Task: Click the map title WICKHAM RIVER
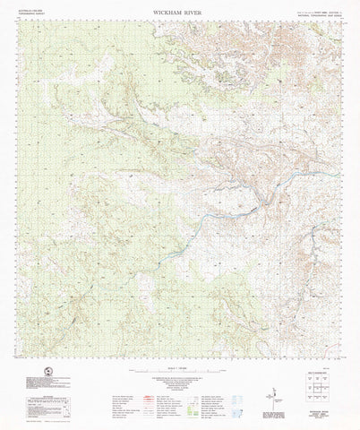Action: click(x=180, y=12)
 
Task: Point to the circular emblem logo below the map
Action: click(x=32, y=381)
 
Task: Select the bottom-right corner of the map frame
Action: click(x=342, y=357)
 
